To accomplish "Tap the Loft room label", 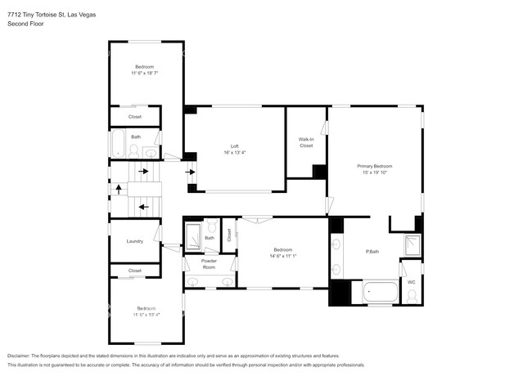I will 234,146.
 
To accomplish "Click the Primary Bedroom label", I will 376,166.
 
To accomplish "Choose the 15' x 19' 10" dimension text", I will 376,172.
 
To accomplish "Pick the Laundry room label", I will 135,241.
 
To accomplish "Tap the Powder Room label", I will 209,264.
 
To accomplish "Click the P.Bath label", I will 372,251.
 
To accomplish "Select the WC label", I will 411,282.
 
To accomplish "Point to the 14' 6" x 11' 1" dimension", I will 282,256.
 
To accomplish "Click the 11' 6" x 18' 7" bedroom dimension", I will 144,73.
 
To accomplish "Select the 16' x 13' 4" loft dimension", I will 234,153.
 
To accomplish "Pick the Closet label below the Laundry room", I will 135,271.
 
